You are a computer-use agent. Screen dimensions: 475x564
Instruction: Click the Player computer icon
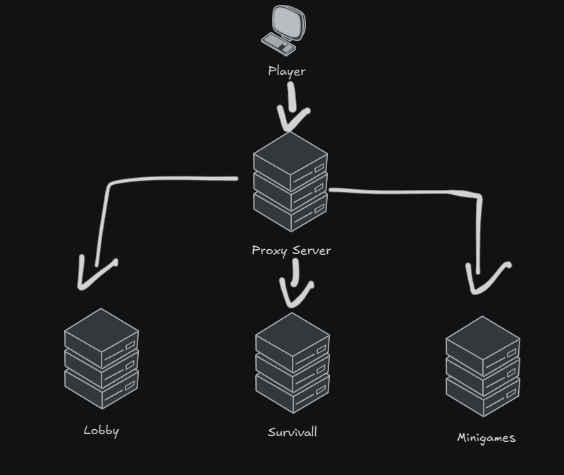pos(284,30)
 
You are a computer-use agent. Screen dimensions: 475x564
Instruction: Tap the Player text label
pos(287,71)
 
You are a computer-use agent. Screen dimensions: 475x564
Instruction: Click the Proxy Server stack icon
pos(290,182)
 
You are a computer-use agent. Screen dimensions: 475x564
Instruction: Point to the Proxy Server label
pos(291,251)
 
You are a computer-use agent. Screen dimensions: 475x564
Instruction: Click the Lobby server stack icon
pos(102,359)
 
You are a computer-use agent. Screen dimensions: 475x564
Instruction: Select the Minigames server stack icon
pos(483,366)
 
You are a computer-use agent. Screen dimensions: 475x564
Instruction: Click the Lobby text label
pos(102,431)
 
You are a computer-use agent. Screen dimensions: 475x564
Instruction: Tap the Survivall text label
pos(292,432)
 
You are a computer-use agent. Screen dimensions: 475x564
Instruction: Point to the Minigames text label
pos(486,438)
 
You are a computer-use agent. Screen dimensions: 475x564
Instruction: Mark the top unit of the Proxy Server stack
pos(290,159)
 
